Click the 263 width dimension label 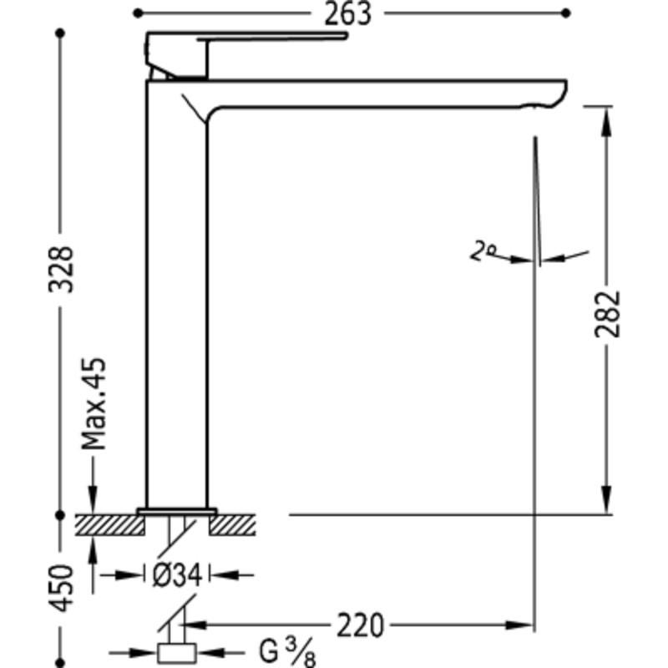[x=347, y=13]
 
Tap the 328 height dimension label [x=60, y=269]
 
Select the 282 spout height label [x=608, y=315]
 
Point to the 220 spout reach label [x=361, y=625]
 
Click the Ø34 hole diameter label [x=177, y=575]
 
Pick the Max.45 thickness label [x=94, y=404]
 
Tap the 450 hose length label [x=60, y=588]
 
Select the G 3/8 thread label [x=287, y=652]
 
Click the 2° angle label [x=483, y=250]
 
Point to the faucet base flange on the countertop [x=177, y=511]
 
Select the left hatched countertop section [x=110, y=525]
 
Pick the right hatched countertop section [x=232, y=525]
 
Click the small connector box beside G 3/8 [x=177, y=654]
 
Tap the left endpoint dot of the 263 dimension [x=138, y=13]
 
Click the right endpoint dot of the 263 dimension [x=566, y=13]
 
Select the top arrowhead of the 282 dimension [x=608, y=121]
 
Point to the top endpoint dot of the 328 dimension [x=60, y=33]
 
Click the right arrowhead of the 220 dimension [x=519, y=625]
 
